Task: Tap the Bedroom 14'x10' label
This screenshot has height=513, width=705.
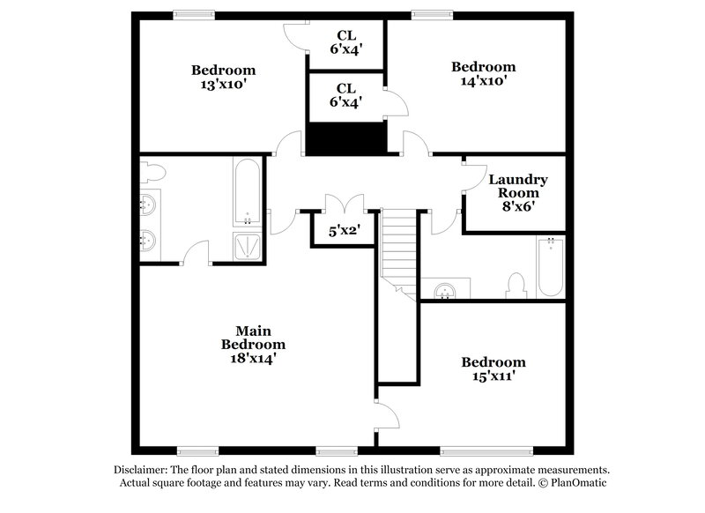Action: click(x=483, y=73)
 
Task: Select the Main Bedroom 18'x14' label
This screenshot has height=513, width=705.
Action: click(x=252, y=345)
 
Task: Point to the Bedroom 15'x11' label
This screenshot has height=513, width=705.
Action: click(x=493, y=368)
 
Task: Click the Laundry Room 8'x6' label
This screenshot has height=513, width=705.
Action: click(x=518, y=192)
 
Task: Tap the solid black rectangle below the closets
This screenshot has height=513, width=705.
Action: click(x=346, y=138)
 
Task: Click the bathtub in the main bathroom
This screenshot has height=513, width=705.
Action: click(x=246, y=191)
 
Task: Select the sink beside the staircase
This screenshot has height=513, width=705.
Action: click(x=446, y=289)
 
